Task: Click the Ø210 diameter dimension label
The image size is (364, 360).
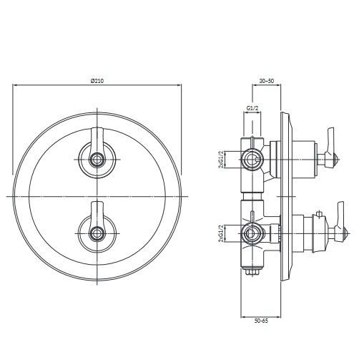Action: pos(97,81)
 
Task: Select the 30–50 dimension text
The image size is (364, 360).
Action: pos(267,81)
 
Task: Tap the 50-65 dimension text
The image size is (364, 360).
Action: pos(261,321)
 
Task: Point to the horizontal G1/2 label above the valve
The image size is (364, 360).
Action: pos(252,108)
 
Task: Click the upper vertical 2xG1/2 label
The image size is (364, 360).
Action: pos(222,160)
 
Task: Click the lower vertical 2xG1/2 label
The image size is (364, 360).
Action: pos(222,234)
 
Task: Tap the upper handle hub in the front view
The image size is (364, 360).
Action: pos(97,160)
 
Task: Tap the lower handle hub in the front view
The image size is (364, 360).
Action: pos(97,233)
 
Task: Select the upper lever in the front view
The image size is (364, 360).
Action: pos(97,141)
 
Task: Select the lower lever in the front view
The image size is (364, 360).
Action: pos(97,215)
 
